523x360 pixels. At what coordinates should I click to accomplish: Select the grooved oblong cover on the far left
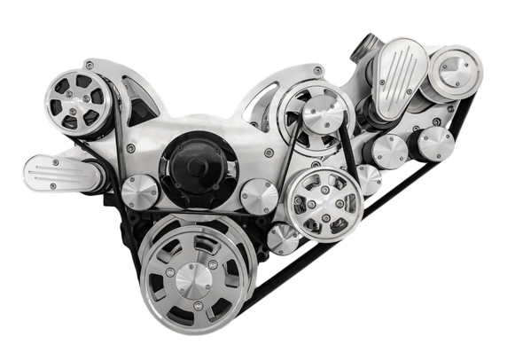(x=62, y=172)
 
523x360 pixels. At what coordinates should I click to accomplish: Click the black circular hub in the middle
(x=197, y=168)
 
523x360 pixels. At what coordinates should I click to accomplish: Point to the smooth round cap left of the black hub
(x=139, y=191)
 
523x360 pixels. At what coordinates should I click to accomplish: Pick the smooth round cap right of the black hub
(x=258, y=195)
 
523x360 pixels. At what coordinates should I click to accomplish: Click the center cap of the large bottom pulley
(x=192, y=280)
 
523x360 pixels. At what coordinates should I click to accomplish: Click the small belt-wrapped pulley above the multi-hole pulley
(x=323, y=111)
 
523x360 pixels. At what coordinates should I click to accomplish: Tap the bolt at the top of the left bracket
(x=90, y=65)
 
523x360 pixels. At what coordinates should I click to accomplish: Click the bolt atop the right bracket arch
(x=317, y=70)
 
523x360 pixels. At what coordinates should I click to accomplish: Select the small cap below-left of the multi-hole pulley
(x=282, y=238)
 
